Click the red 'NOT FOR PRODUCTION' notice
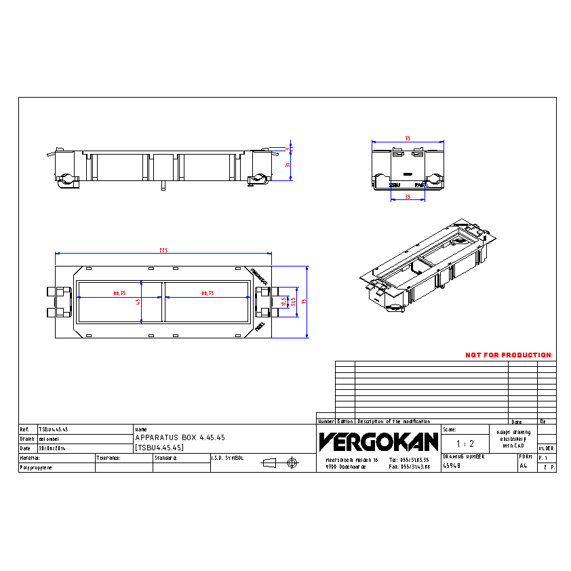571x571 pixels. [508, 355]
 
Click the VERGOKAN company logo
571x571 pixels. [378, 442]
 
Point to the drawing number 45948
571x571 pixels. [452, 467]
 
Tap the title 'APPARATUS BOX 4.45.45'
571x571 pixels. [180, 438]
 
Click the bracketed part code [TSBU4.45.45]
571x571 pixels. [160, 448]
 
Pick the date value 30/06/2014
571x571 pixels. [53, 448]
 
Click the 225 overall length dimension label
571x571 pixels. [163, 251]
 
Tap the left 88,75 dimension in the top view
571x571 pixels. [120, 293]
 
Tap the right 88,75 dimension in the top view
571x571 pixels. [207, 293]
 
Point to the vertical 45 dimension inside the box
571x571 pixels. [138, 301]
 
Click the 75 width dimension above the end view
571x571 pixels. [408, 138]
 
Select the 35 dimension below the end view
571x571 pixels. [408, 197]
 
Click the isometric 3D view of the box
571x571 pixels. [427, 265]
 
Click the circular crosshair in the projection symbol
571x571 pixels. [293, 462]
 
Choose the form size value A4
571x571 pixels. [523, 467]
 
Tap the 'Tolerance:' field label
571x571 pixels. [109, 458]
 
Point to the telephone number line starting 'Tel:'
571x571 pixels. [410, 459]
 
